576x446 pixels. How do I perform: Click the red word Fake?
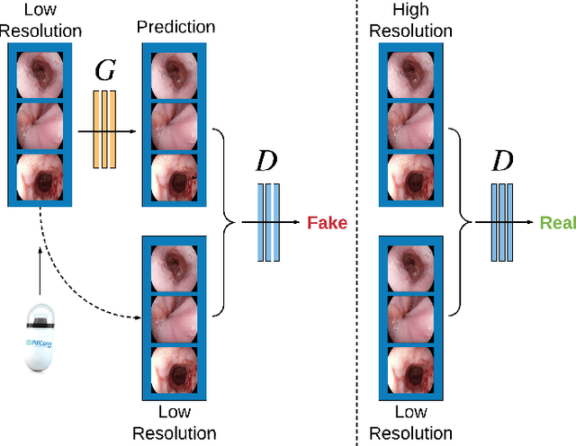tap(327, 222)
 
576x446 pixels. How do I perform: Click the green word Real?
tap(556, 222)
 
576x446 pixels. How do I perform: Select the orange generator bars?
tap(104, 129)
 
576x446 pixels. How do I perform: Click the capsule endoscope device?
tap(40, 338)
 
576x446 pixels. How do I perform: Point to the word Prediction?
tap(175, 26)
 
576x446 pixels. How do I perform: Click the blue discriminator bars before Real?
tap(501, 222)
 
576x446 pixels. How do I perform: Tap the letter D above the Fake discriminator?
tap(267, 162)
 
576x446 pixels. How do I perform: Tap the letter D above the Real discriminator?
tap(500, 162)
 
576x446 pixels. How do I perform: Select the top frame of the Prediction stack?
tap(176, 74)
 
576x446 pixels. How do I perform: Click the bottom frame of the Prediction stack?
tap(176, 177)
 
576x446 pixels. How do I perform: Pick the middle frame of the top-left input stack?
tap(40, 126)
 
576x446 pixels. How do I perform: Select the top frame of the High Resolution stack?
tap(410, 74)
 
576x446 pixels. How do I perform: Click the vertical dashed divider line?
tap(357, 270)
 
